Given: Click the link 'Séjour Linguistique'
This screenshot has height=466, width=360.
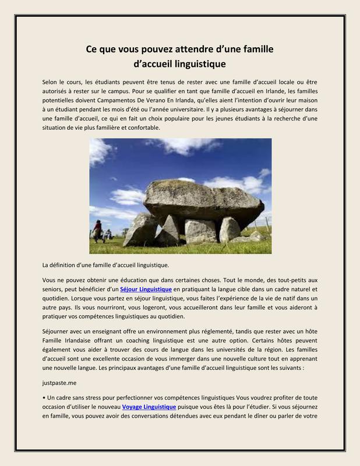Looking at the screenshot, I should pyautogui.click(x=146, y=289).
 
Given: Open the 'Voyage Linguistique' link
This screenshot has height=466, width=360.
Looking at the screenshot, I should pyautogui.click(x=149, y=407).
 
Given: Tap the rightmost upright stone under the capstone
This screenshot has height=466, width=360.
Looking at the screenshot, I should pyautogui.click(x=230, y=229).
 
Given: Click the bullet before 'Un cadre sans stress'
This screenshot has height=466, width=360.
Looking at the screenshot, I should pyautogui.click(x=44, y=397).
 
